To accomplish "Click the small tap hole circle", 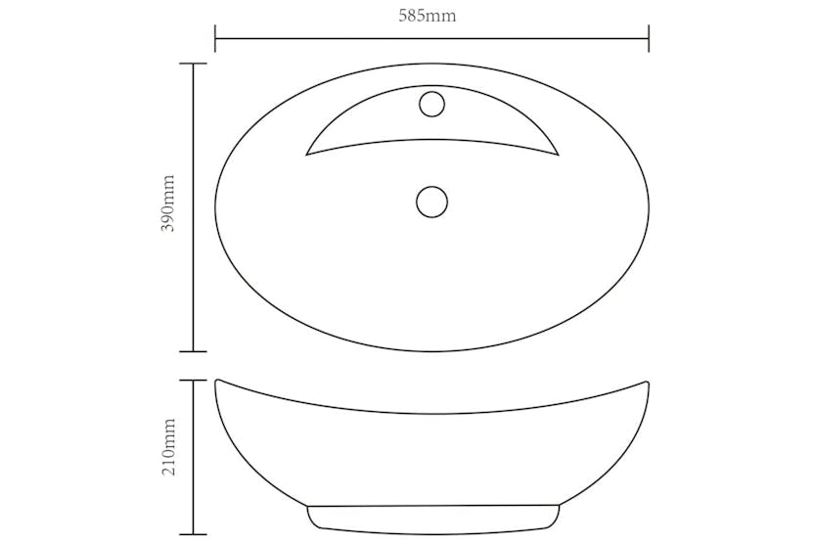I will coord(431,103).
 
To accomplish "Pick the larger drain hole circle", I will coord(431,202).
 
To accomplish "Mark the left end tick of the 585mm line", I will coord(215,40).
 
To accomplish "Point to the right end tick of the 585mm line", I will coord(649,40).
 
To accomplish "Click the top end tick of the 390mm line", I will coord(193,64).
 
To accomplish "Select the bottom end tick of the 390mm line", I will coord(193,350).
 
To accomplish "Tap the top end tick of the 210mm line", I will coord(193,381).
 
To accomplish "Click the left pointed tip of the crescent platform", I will coord(307,154).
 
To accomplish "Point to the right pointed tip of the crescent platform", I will coord(557,155).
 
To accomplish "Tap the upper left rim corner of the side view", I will coord(216,381).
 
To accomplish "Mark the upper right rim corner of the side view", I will coord(648,382).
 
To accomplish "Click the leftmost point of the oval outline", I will coord(215,206).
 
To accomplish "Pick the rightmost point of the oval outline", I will coord(649,206).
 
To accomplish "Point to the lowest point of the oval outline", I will coord(431,350).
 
